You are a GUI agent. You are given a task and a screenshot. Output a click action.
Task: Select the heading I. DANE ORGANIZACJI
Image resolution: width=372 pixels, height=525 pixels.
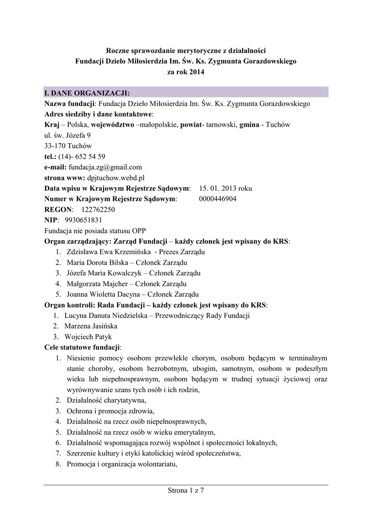[87, 93]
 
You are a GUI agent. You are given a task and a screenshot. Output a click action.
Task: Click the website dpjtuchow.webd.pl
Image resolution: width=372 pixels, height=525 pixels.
[116, 177]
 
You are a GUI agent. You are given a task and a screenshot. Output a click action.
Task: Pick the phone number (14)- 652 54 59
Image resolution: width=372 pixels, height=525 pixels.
[82, 156]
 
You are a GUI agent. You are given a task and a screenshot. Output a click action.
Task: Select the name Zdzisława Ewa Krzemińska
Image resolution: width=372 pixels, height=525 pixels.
[108, 252]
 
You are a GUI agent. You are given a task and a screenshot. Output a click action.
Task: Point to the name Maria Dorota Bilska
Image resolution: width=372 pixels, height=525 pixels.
[96, 262]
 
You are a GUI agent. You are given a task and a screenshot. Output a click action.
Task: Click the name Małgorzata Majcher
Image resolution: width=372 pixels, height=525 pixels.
[95, 284]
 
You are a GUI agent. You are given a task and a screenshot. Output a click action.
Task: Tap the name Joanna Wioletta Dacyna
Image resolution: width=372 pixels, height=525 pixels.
[102, 294]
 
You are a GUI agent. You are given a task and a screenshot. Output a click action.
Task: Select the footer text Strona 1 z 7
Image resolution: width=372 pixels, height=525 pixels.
[186, 491]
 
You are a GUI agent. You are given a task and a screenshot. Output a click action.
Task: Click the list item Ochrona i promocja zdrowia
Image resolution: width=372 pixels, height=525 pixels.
[110, 411]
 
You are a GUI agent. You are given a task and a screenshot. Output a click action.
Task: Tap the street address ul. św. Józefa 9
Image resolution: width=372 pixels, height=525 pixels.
[68, 135]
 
